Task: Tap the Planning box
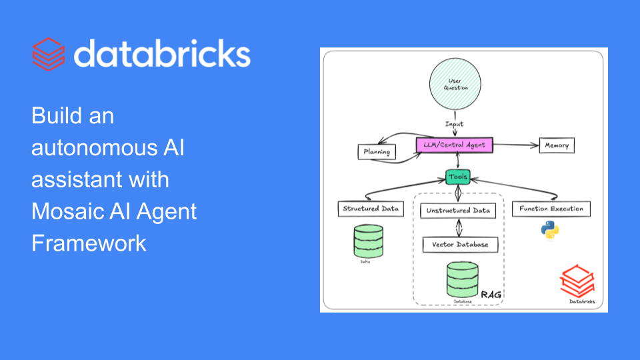tap(377, 151)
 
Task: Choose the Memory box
tap(556, 145)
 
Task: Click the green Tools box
tap(458, 177)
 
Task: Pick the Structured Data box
tap(370, 209)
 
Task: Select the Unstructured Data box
tap(458, 211)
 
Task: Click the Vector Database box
tap(459, 245)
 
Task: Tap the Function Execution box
tap(551, 209)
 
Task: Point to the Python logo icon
tap(550, 230)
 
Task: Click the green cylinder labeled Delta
tap(369, 241)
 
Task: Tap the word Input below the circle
tap(455, 124)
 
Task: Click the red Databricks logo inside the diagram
tap(575, 281)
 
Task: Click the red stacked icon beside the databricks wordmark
tap(49, 54)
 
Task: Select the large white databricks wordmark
tap(162, 54)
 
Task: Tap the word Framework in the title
tap(89, 243)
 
